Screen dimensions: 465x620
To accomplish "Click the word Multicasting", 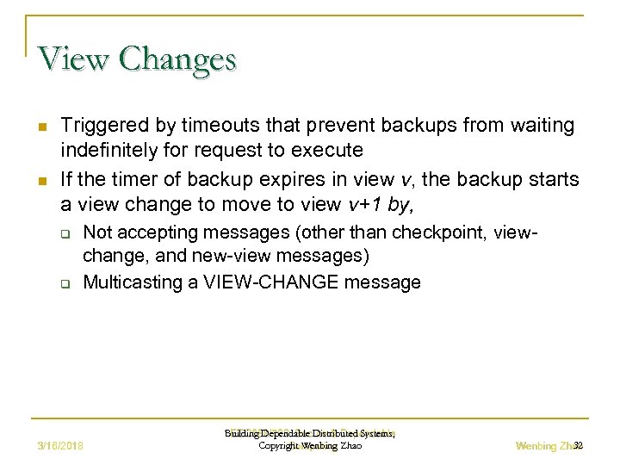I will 133,282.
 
